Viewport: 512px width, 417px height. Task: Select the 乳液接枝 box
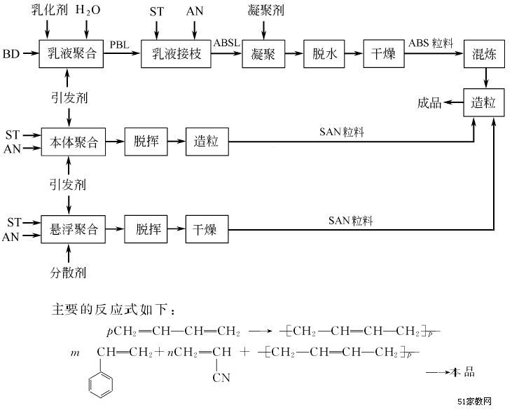click(176, 55)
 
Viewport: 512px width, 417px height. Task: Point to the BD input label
click(12, 55)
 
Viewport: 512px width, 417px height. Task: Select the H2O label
click(88, 11)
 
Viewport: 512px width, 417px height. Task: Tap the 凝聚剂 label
click(265, 11)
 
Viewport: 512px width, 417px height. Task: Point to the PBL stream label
click(120, 45)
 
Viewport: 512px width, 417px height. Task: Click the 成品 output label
click(429, 104)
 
